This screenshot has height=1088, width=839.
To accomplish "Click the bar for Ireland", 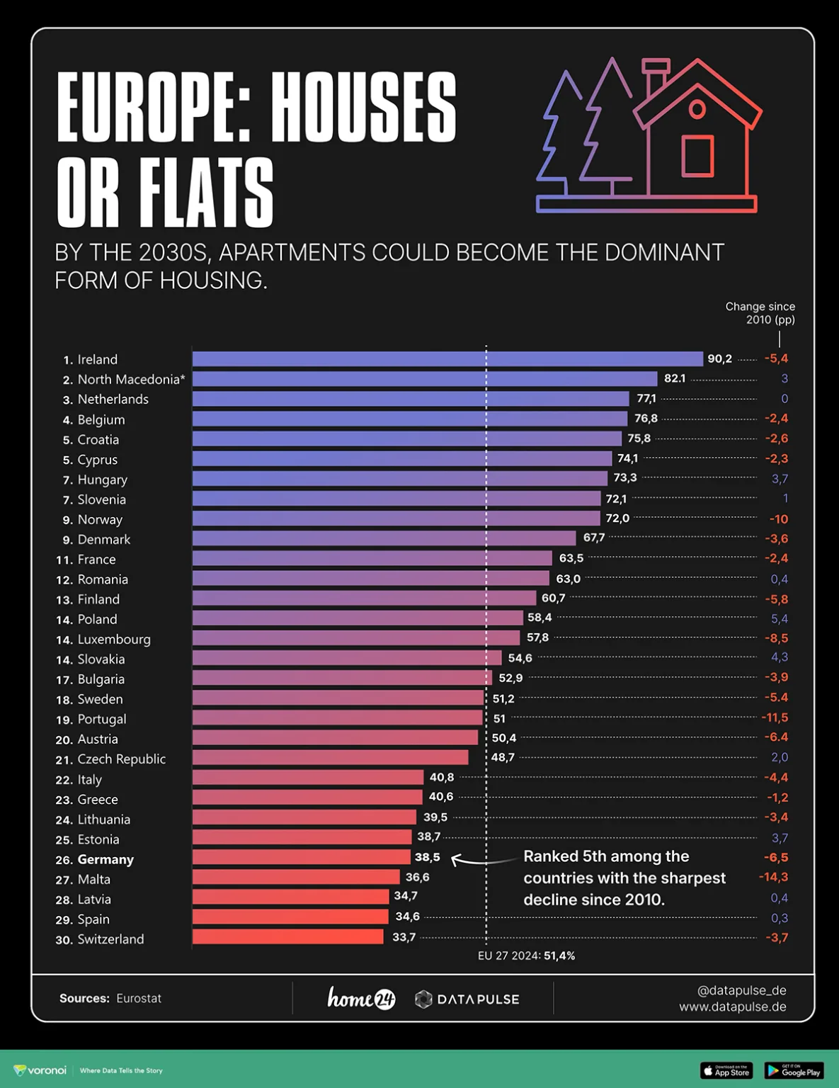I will click(x=447, y=358).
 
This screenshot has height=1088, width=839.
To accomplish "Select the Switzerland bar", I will click(x=287, y=937).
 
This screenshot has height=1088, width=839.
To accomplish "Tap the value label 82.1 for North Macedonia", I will click(x=675, y=378).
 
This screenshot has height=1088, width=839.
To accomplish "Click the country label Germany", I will click(x=105, y=859).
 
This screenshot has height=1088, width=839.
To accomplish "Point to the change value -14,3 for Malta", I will click(x=773, y=877).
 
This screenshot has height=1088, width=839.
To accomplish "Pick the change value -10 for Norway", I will click(x=778, y=518).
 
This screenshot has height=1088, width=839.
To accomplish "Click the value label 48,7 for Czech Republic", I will click(x=503, y=757).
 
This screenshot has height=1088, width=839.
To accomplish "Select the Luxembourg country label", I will click(x=113, y=639).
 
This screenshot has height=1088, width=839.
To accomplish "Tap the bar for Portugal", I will click(x=337, y=718).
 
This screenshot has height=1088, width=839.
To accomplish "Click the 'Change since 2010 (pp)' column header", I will click(x=760, y=313).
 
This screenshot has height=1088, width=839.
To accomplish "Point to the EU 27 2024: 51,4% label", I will click(x=526, y=956).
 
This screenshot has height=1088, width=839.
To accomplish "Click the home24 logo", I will click(x=361, y=998).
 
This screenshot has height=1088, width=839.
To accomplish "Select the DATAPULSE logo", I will click(x=467, y=999).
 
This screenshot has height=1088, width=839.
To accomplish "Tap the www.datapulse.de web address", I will click(x=732, y=1007).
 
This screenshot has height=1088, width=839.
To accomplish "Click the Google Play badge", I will click(x=794, y=1071).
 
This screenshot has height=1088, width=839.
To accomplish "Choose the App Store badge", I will click(x=726, y=1071).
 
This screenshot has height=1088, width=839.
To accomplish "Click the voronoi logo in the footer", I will click(x=40, y=1070).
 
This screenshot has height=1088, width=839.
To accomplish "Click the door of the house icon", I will click(x=697, y=157).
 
